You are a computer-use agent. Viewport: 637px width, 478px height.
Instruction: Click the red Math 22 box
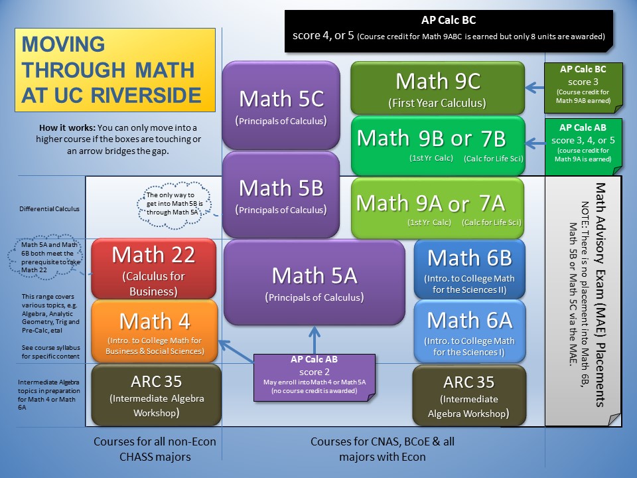(x=153, y=269)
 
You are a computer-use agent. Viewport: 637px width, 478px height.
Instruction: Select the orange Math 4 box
(x=155, y=331)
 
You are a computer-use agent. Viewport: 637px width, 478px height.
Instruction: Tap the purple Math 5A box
(x=314, y=283)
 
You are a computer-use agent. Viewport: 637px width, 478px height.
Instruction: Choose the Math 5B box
(x=281, y=195)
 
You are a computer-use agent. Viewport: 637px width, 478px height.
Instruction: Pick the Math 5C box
(x=281, y=106)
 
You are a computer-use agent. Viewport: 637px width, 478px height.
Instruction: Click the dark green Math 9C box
(x=437, y=88)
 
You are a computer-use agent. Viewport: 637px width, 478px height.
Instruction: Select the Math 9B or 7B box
(x=438, y=145)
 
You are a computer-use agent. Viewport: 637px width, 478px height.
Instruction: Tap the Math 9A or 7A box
(x=437, y=208)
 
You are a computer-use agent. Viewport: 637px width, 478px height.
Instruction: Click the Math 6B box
(x=470, y=269)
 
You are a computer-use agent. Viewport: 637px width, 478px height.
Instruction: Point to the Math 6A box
(x=470, y=331)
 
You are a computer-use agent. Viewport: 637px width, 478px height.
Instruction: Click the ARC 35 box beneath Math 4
(x=157, y=395)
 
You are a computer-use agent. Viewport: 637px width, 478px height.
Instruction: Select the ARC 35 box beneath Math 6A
(x=469, y=396)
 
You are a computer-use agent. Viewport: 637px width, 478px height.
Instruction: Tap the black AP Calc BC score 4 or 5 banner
(x=449, y=31)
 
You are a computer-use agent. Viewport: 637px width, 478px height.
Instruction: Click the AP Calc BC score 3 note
(x=583, y=88)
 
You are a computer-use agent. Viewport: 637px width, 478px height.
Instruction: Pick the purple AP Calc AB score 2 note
(x=315, y=378)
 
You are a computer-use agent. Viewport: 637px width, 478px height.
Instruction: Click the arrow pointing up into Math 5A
(x=315, y=340)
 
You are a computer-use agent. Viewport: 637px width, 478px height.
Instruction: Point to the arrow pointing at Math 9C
(x=535, y=87)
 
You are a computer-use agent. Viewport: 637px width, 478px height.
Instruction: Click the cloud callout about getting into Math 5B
(x=174, y=204)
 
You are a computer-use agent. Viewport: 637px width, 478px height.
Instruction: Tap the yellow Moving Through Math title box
(x=115, y=70)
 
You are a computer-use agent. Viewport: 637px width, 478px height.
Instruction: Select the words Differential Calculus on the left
(x=50, y=209)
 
